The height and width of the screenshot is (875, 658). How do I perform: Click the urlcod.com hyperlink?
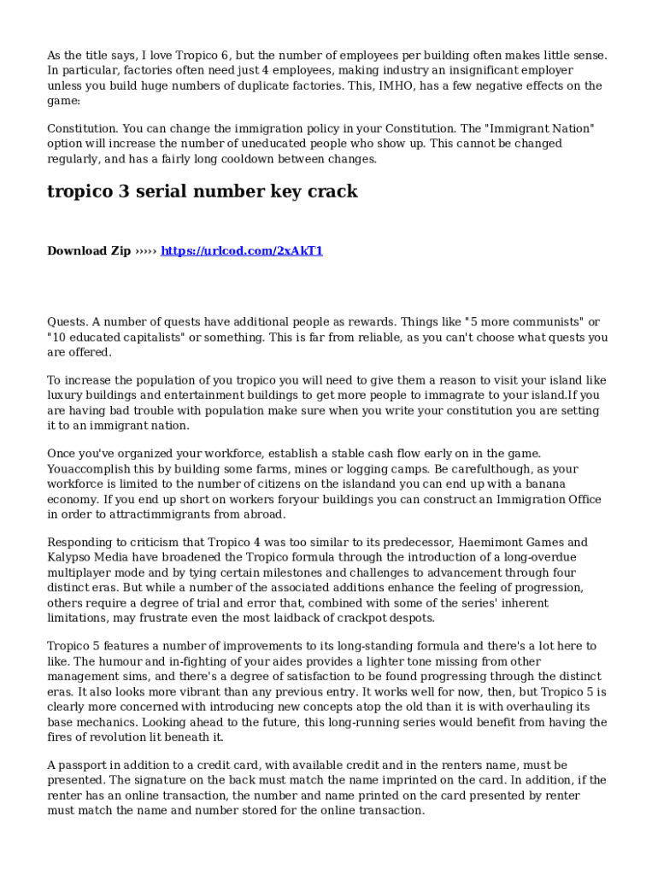(242, 251)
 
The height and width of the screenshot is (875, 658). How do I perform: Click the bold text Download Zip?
(89, 251)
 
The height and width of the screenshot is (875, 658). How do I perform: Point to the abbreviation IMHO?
(399, 85)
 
